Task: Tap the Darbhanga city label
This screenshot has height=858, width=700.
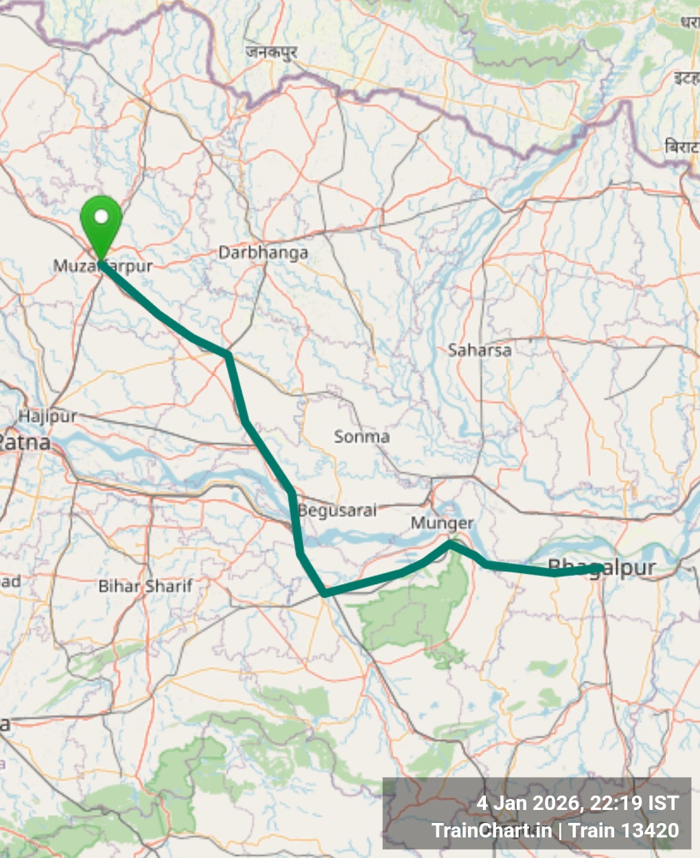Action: click(263, 253)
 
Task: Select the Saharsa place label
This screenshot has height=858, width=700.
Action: click(479, 350)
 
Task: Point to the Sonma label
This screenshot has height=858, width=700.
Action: click(362, 437)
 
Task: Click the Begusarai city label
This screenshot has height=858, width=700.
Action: click(337, 511)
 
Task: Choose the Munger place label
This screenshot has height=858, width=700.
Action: click(442, 524)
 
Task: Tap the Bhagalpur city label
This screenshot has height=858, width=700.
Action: click(602, 568)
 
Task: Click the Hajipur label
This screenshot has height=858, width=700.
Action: click(47, 416)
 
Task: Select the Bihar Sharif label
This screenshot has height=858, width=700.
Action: click(145, 586)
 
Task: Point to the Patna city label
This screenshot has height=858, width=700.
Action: click(25, 443)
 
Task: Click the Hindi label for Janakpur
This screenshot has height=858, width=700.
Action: click(271, 51)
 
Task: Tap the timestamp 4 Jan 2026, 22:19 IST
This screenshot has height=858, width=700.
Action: click(577, 803)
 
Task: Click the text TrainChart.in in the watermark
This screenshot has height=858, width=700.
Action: click(491, 831)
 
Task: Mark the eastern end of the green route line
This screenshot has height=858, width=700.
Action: click(600, 568)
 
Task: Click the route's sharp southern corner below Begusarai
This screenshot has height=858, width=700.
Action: click(325, 592)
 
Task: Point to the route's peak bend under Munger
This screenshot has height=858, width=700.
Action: click(450, 544)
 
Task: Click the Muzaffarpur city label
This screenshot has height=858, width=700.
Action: click(103, 266)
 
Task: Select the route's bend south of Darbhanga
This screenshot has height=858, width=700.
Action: click(227, 354)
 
